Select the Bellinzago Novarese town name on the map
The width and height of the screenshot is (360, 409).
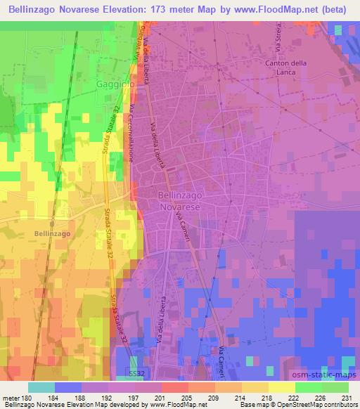tap(179, 204)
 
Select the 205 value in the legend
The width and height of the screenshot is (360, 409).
tap(187, 398)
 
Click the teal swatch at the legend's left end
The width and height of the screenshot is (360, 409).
tap(41, 387)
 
